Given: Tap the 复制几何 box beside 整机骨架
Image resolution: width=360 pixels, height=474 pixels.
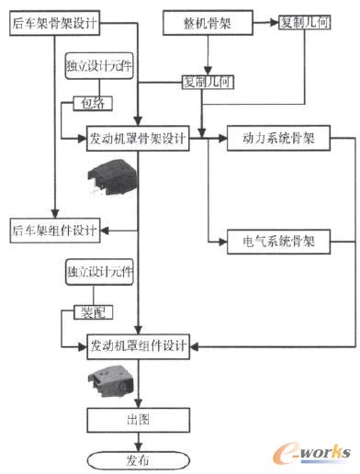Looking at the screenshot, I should coord(306,19).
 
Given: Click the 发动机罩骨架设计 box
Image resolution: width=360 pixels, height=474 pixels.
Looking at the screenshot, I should coord(138,141).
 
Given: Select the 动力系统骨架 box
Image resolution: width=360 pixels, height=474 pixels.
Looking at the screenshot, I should coord(276,141).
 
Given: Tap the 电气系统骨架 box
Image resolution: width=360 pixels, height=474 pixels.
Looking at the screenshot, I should coord(276,243).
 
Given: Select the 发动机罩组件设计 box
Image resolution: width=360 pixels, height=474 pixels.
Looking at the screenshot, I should coord(138,347).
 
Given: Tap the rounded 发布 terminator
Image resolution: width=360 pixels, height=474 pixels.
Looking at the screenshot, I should coord(138,459).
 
